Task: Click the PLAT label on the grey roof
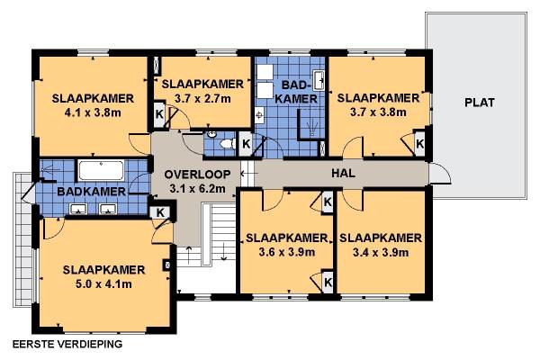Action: (480, 103)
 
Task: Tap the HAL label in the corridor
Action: (343, 173)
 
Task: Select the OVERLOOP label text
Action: (197, 175)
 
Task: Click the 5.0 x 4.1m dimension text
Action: (103, 284)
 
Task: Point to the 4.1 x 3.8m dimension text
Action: (93, 112)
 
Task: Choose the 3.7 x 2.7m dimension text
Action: (202, 99)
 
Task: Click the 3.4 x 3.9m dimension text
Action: (381, 253)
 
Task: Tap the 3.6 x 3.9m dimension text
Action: (286, 252)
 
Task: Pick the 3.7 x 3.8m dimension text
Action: (378, 112)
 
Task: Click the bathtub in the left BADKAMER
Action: (101, 170)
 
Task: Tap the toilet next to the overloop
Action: (228, 143)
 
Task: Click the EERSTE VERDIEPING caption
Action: (67, 344)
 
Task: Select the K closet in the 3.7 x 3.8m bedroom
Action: (419, 144)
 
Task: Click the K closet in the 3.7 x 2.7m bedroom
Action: (159, 114)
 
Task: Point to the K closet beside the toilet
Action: (246, 144)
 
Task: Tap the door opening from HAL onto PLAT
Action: (440, 174)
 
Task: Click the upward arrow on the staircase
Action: (189, 255)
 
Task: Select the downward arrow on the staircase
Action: (224, 251)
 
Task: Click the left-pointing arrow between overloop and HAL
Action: (246, 174)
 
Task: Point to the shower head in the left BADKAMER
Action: (47, 169)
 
